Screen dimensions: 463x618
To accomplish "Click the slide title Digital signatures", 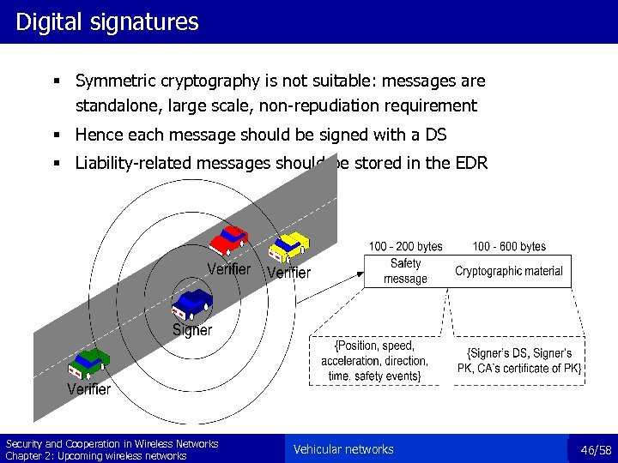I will (106, 21).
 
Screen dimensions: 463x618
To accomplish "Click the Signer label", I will (192, 330).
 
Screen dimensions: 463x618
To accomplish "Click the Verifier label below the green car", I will (89, 389).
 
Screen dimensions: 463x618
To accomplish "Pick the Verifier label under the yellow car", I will (288, 273).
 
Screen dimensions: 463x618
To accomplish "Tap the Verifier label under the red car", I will (229, 269).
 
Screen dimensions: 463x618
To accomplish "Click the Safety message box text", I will (405, 271).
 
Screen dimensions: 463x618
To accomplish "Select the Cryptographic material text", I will (509, 271).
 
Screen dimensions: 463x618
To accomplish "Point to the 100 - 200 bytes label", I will (406, 247).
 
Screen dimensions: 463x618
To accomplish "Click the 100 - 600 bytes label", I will (509, 247).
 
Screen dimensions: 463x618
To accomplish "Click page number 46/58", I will (596, 450).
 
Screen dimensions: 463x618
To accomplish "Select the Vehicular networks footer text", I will (343, 449).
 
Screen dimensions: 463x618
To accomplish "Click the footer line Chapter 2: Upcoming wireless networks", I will (96, 456).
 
